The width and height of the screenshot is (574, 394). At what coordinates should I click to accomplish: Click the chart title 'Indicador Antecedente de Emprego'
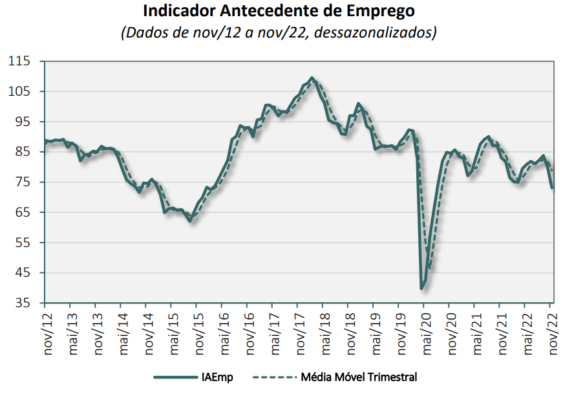(x=279, y=12)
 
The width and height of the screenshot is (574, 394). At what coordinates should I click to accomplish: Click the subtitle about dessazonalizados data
(x=279, y=32)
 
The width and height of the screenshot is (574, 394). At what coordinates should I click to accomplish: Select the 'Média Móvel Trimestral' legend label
(x=359, y=377)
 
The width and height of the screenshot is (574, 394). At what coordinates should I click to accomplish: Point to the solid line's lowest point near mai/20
(x=422, y=288)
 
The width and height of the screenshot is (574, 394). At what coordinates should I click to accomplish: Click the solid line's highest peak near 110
(x=312, y=78)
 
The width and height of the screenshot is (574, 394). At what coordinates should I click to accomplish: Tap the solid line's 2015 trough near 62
(x=190, y=221)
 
